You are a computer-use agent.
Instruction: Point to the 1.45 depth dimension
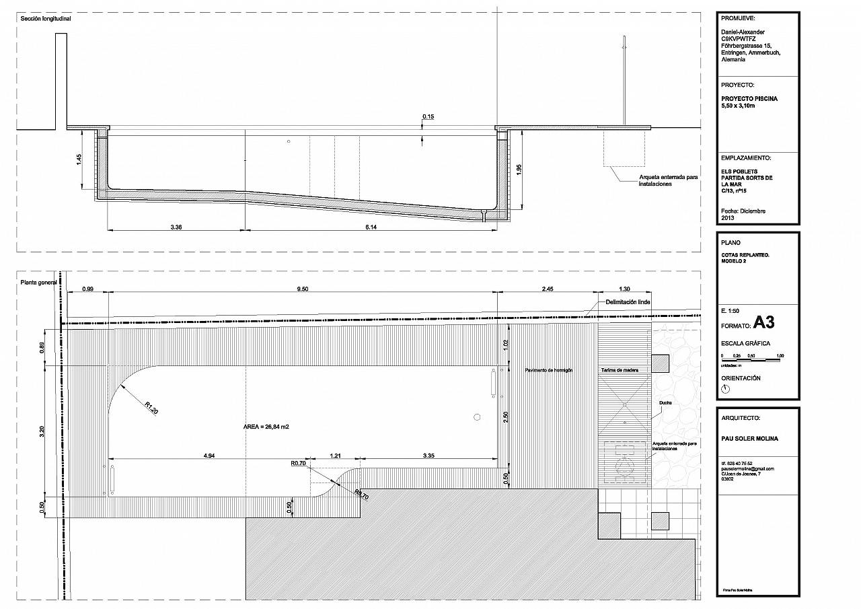click(79, 159)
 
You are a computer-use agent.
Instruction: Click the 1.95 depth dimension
click(519, 170)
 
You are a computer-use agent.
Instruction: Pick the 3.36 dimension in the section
click(176, 227)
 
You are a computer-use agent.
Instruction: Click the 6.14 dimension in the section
click(371, 227)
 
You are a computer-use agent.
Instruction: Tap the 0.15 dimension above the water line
click(428, 117)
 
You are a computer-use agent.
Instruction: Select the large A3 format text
click(763, 322)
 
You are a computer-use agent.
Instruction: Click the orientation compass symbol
click(725, 388)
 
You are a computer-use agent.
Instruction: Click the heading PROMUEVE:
click(737, 19)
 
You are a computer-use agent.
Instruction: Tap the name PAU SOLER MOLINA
click(749, 439)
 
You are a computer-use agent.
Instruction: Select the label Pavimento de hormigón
click(550, 371)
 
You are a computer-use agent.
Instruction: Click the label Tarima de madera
click(620, 371)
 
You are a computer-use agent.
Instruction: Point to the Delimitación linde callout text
click(628, 302)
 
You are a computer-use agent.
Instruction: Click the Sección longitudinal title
click(46, 19)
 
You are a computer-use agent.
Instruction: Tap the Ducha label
click(665, 403)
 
